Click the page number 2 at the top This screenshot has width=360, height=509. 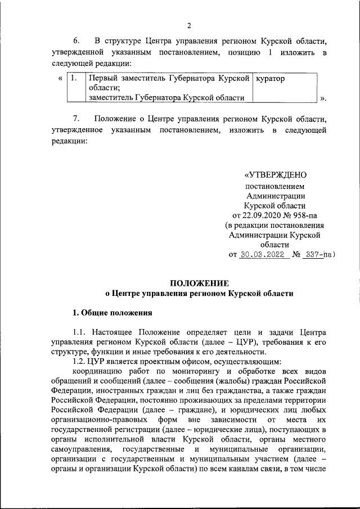tap(190, 26)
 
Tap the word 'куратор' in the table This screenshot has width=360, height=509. tap(271, 79)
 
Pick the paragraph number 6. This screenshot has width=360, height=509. tap(76, 41)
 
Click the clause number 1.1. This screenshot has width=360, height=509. tap(79, 334)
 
